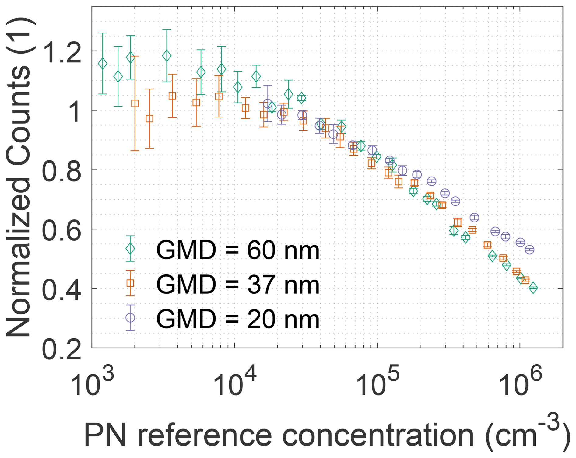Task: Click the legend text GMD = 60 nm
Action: (x=238, y=250)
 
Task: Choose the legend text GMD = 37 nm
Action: (x=238, y=285)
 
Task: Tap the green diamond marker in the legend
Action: (x=130, y=249)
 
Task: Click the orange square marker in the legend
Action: (x=130, y=283)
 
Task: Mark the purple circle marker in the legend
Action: (x=130, y=318)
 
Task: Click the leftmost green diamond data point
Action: (x=103, y=63)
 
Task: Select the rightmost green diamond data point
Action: (x=533, y=288)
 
